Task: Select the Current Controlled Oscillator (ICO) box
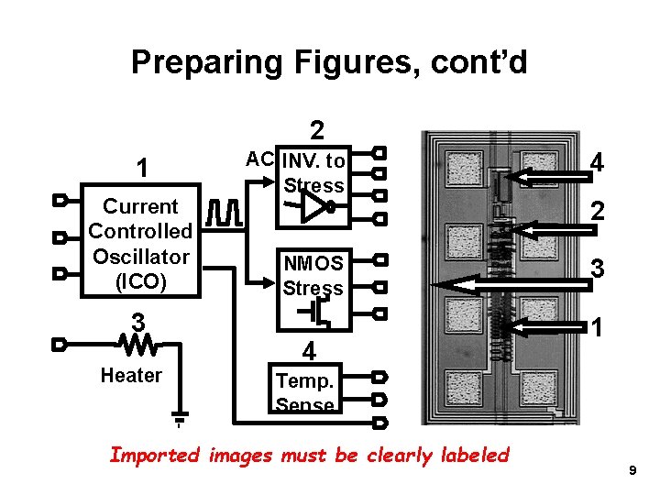pos(139,244)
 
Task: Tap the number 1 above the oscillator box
pos(140,169)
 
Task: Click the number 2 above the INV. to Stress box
pos(315,131)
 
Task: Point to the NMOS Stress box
pos(313,275)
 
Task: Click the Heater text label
pos(131,375)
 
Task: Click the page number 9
pos(632,470)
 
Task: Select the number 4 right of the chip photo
pos(597,163)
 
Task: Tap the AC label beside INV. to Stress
pos(259,159)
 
